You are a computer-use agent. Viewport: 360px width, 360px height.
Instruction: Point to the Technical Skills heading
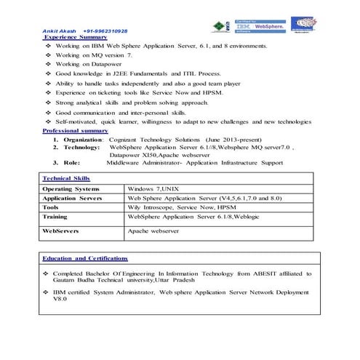tap(66, 177)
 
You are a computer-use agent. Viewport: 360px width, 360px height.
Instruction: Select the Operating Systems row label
tap(72, 188)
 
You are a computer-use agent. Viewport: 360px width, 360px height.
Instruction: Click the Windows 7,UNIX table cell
tap(157, 188)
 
